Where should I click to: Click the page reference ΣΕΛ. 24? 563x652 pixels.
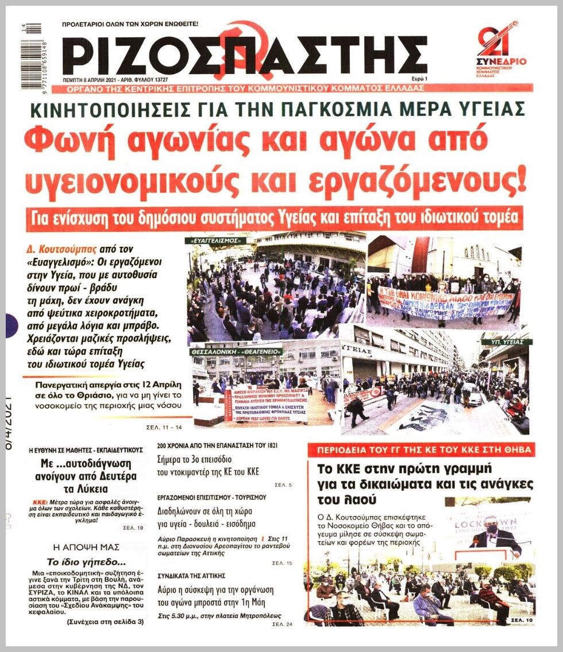point(282,623)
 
